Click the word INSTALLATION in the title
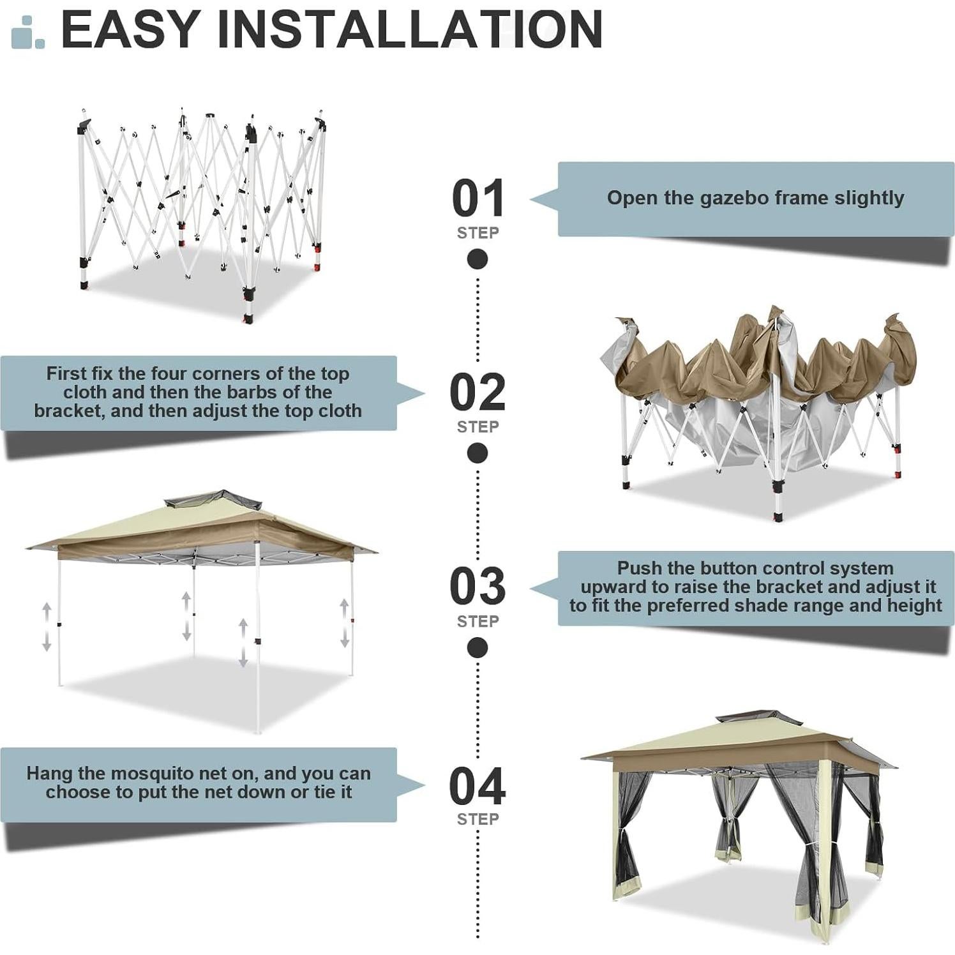click(410, 29)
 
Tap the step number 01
click(478, 199)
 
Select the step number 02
click(478, 393)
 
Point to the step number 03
click(478, 586)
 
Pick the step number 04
click(478, 786)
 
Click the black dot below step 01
click(478, 259)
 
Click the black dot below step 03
click(478, 647)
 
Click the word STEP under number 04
click(478, 819)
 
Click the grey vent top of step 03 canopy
click(214, 499)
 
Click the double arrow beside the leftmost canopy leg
click(47, 627)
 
